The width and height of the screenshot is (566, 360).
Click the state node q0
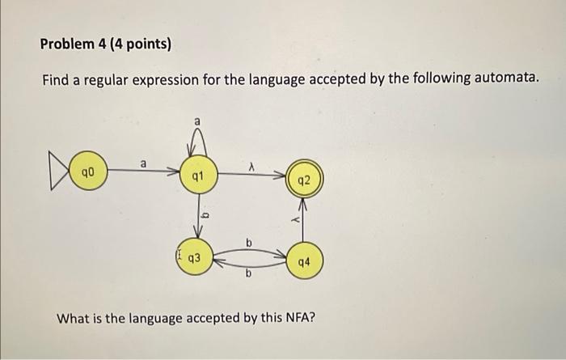pyautogui.click(x=87, y=172)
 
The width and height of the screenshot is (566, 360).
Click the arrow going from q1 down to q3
pyautogui.click(x=196, y=214)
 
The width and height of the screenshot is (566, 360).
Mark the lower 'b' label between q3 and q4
pyautogui.click(x=249, y=275)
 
